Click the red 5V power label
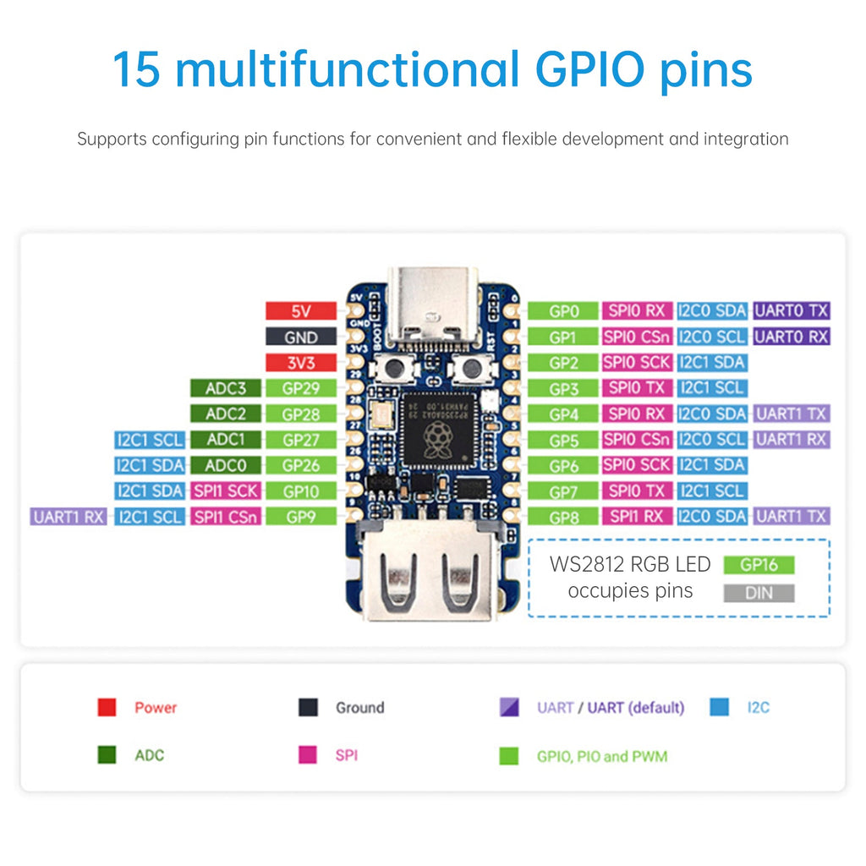[x=301, y=311]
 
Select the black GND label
[x=301, y=337]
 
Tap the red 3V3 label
[x=301, y=363]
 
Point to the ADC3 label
[x=226, y=388]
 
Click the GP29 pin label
[x=301, y=388]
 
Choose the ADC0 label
[x=226, y=465]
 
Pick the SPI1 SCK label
[x=226, y=491]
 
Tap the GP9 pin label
[x=301, y=516]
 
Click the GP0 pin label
[x=562, y=311]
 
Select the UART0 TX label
[x=792, y=311]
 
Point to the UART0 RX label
[x=792, y=337]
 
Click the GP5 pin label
[x=562, y=440]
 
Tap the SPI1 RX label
[x=637, y=516]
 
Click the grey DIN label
[x=759, y=593]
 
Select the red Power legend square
[x=107, y=707]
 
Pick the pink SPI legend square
[x=308, y=754]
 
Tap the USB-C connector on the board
[x=432, y=309]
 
